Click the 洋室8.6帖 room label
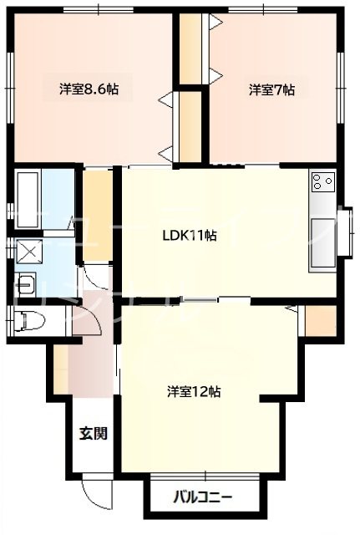click(88, 88)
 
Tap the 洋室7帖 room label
click(271, 89)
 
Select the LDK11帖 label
click(190, 235)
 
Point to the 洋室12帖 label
click(193, 390)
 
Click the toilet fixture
click(31, 320)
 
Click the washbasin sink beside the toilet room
click(27, 283)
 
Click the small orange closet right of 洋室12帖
click(319, 319)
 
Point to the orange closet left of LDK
click(98, 213)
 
